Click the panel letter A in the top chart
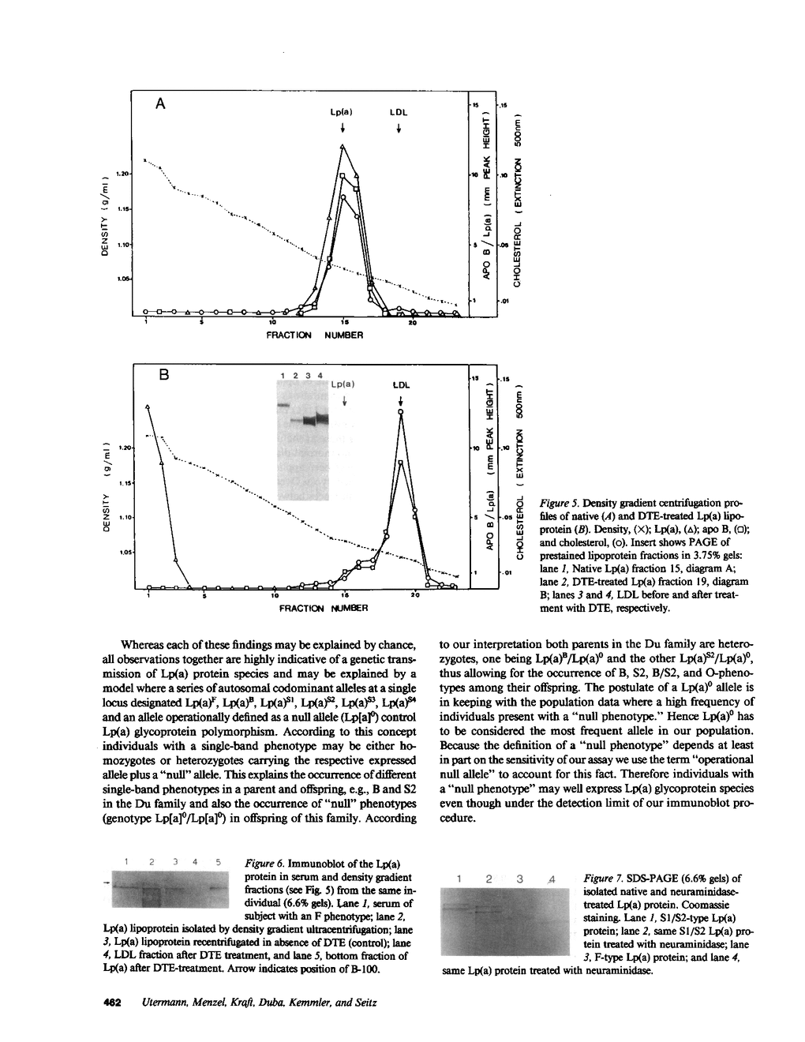[x=161, y=103]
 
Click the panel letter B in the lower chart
[x=165, y=377]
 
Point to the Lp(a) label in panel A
[x=341, y=113]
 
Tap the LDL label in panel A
[x=399, y=113]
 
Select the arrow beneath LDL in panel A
[x=399, y=129]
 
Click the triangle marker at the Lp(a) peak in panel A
[x=342, y=147]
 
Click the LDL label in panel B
[x=402, y=386]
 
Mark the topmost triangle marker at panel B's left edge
[x=148, y=407]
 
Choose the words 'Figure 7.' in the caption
[x=603, y=879]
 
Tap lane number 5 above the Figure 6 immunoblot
[x=215, y=862]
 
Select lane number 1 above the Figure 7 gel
[x=459, y=879]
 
